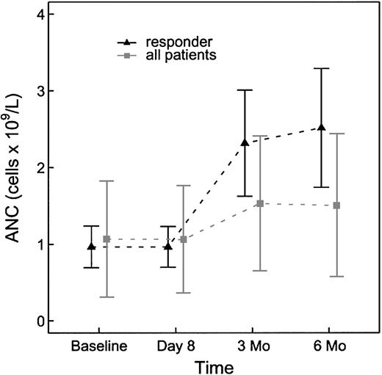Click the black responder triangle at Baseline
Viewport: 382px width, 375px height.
click(x=91, y=247)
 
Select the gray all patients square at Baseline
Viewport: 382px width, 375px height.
click(x=106, y=239)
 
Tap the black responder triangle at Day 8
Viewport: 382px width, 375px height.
click(x=167, y=247)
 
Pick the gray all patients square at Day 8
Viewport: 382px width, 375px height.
click(x=183, y=239)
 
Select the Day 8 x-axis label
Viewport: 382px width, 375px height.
click(x=175, y=345)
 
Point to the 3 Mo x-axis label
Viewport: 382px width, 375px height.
click(x=252, y=345)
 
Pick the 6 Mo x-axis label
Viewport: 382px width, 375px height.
click(x=328, y=345)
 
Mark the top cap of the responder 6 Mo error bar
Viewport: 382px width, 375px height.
click(x=321, y=68)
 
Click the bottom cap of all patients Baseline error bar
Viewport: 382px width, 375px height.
click(x=106, y=297)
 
